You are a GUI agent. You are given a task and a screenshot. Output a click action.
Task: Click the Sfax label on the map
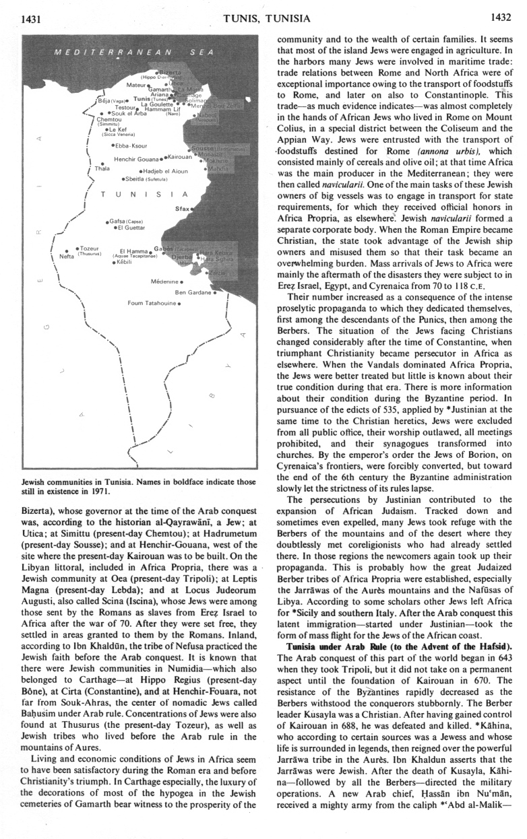pyautogui.click(x=181, y=209)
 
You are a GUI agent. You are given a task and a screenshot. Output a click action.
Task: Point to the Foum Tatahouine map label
pyautogui.click(x=152, y=302)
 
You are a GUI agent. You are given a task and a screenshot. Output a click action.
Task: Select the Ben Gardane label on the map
pyautogui.click(x=192, y=292)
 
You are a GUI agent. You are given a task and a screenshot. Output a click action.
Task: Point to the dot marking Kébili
pyautogui.click(x=114, y=263)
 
